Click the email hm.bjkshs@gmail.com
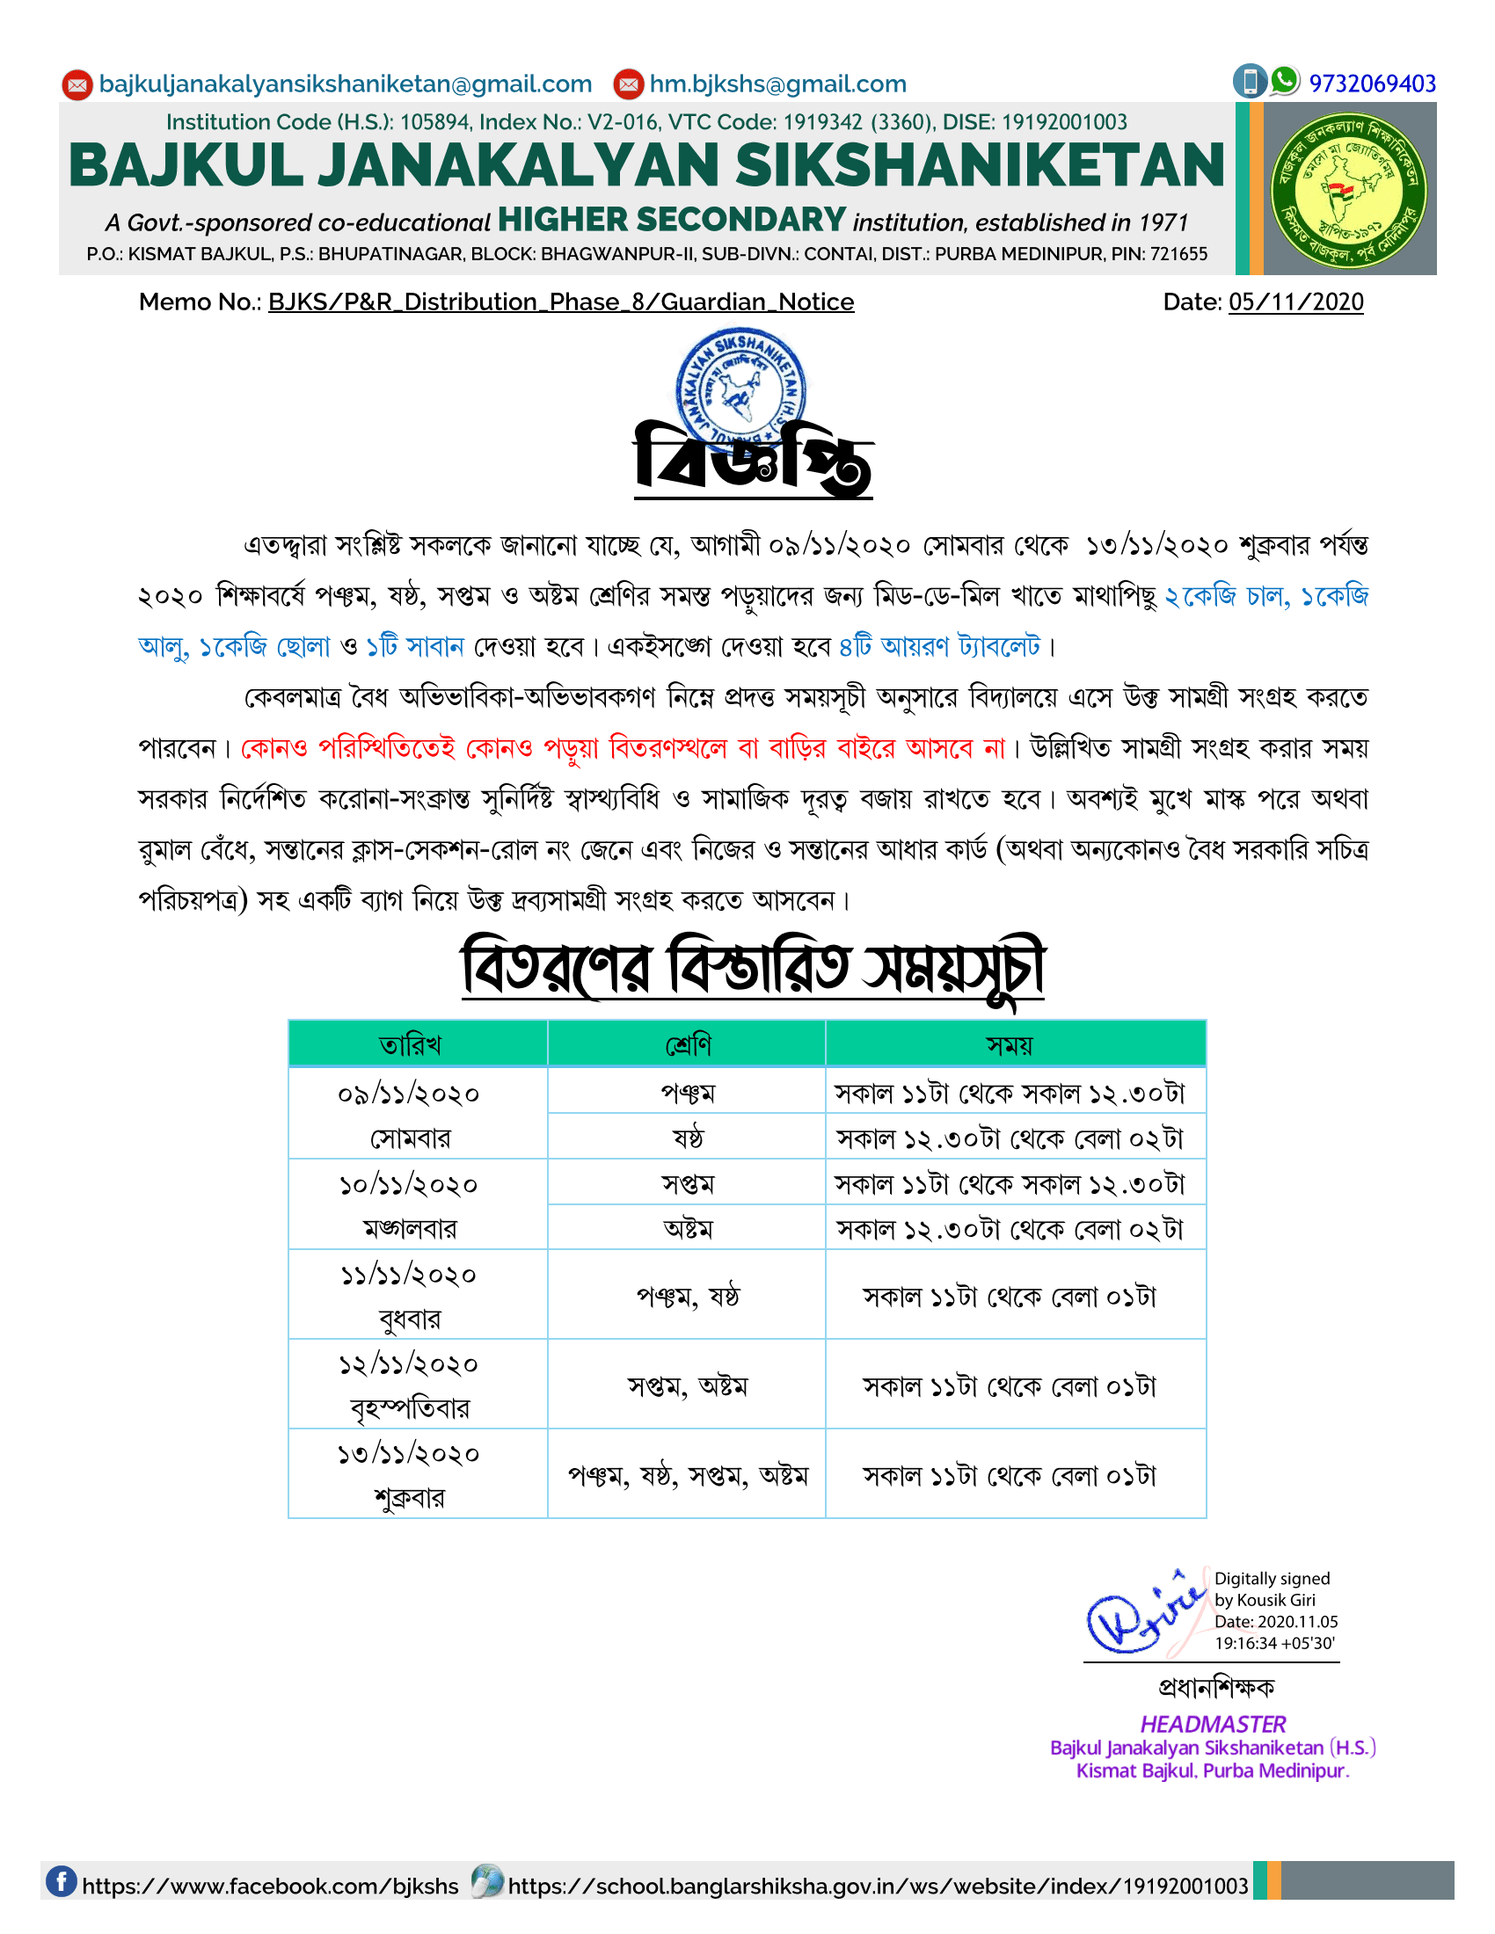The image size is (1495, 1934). click(777, 84)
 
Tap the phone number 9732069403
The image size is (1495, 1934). click(1372, 84)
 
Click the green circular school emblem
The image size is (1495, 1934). click(1348, 190)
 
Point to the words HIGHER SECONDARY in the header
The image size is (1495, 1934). click(671, 219)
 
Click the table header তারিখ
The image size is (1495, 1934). click(410, 1045)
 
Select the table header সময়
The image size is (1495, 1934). click(1010, 1045)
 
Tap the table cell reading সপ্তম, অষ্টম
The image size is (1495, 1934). click(688, 1385)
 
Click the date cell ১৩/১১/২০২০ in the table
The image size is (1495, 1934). click(409, 1454)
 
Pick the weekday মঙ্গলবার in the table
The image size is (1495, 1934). click(410, 1228)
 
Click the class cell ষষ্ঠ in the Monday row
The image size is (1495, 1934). click(688, 1137)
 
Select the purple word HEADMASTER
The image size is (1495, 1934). click(1213, 1723)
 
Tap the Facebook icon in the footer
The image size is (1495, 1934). click(61, 1881)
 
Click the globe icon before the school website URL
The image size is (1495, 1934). click(486, 1881)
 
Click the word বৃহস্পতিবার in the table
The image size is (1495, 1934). click(410, 1408)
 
